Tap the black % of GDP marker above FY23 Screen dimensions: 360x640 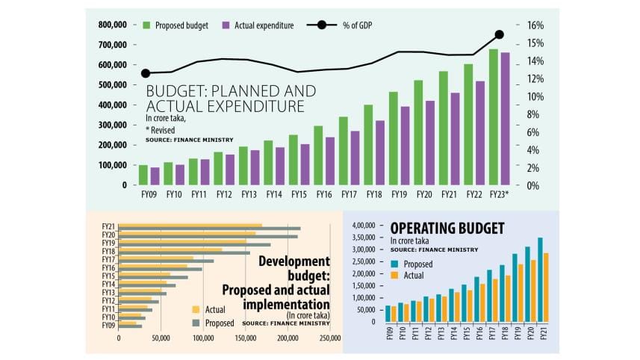pyautogui.click(x=500, y=34)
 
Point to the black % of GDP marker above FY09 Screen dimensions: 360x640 pyautogui.click(x=146, y=73)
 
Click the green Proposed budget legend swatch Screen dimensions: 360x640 pyautogui.click(x=146, y=25)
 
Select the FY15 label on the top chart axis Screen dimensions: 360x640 pyautogui.click(x=298, y=195)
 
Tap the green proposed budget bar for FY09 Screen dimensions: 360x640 pyautogui.click(x=143, y=175)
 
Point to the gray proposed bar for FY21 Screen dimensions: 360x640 pyautogui.click(x=209, y=229)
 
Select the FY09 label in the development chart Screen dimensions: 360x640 pyautogui.click(x=109, y=326)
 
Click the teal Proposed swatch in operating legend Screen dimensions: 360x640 pyautogui.click(x=394, y=264)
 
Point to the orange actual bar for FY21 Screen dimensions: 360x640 pyautogui.click(x=547, y=288)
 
